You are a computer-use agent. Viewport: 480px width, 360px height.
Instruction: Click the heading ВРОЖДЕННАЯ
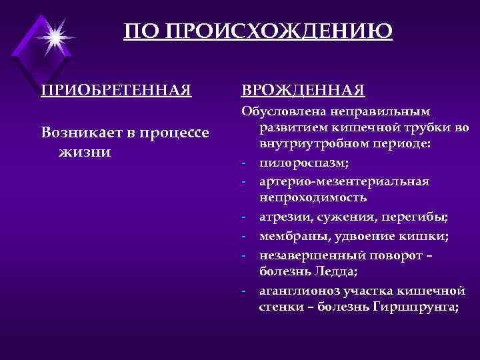[x=303, y=89]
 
